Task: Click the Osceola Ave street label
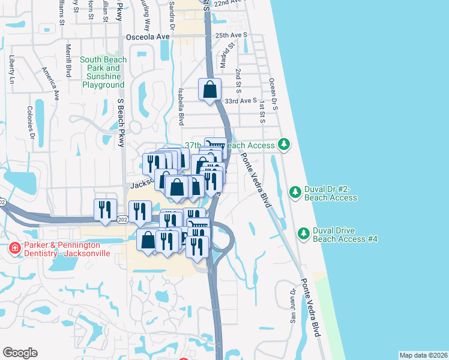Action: click(148, 37)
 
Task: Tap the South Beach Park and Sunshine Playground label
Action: click(103, 73)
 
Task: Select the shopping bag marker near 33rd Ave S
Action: click(210, 90)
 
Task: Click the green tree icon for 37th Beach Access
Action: click(284, 145)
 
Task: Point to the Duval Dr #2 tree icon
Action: click(295, 192)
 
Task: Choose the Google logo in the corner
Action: click(20, 353)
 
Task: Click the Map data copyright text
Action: click(423, 355)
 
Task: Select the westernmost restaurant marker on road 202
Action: click(105, 209)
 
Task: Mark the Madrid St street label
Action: click(226, 57)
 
